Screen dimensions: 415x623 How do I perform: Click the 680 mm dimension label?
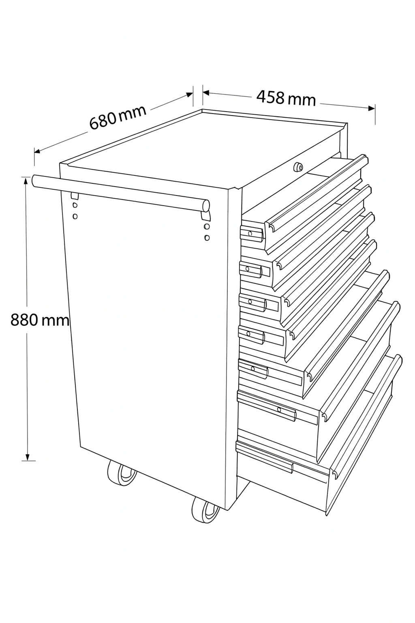click(118, 118)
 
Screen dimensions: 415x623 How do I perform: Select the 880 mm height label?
click(39, 320)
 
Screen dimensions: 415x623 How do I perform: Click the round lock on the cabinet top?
click(298, 167)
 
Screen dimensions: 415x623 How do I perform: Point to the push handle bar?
click(120, 193)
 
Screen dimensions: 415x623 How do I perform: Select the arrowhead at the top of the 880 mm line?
click(26, 181)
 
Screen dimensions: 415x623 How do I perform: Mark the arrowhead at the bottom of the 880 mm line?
click(27, 457)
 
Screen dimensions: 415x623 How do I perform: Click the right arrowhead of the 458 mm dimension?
click(372, 108)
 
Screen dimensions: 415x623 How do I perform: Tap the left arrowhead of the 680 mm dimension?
click(37, 151)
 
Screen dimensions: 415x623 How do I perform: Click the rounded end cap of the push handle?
click(206, 206)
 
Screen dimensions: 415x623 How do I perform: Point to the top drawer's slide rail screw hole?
click(250, 234)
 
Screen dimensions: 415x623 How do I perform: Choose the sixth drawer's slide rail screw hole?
click(279, 410)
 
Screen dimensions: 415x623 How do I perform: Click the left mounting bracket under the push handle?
click(75, 196)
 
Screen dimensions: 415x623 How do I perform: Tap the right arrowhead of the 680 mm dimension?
click(189, 95)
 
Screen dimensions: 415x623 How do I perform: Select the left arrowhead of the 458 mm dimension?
click(206, 92)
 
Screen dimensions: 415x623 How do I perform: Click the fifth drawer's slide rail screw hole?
click(252, 369)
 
